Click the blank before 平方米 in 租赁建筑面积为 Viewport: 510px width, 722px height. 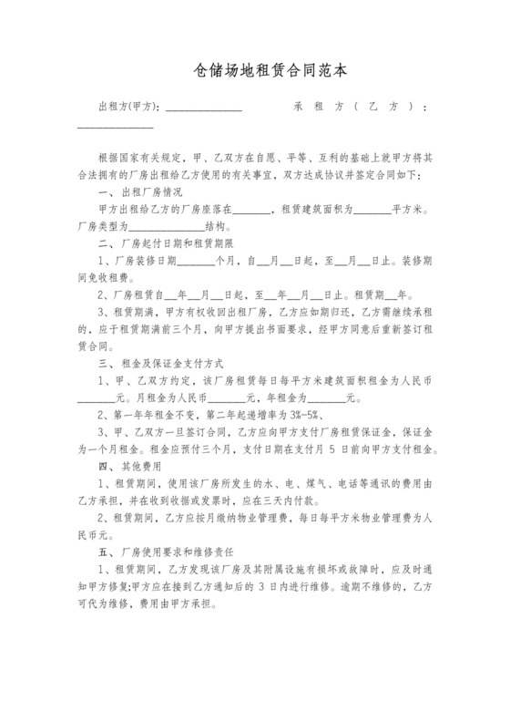tap(371, 210)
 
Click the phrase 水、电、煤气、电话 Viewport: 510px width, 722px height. tap(304, 483)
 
